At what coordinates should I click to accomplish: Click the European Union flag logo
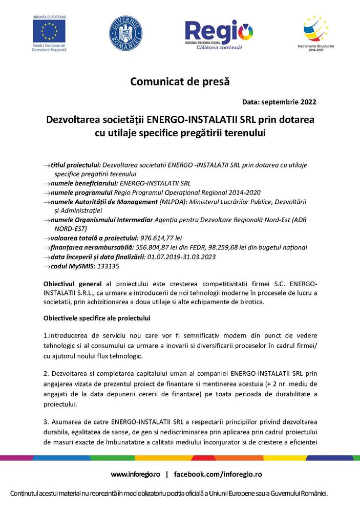click(x=49, y=31)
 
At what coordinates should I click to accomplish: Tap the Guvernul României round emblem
click(x=125, y=33)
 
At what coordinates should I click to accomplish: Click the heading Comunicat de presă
click(x=180, y=81)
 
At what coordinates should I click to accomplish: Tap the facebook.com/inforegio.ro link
click(x=218, y=474)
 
